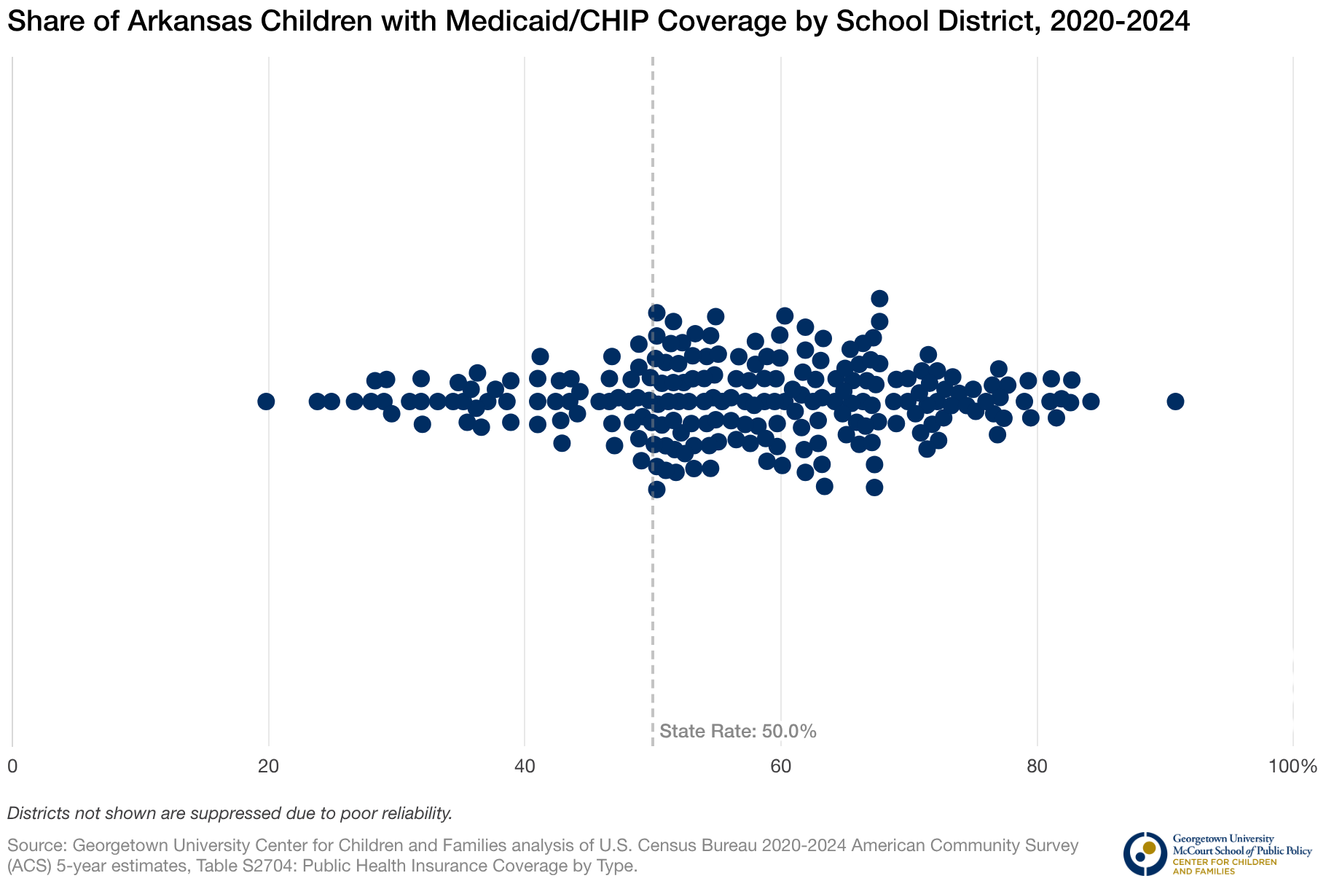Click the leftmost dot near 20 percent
tap(266, 402)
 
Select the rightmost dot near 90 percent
tap(1175, 402)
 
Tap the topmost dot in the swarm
tap(879, 298)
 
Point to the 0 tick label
tap(12, 767)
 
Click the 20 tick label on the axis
tap(269, 767)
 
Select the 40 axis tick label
tap(525, 767)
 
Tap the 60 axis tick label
tap(781, 767)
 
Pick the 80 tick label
tap(1037, 767)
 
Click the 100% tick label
tap(1292, 767)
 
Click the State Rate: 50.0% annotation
tap(737, 732)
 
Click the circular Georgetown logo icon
tap(1145, 853)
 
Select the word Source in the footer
tap(36, 846)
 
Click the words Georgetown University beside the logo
tap(1212, 839)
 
